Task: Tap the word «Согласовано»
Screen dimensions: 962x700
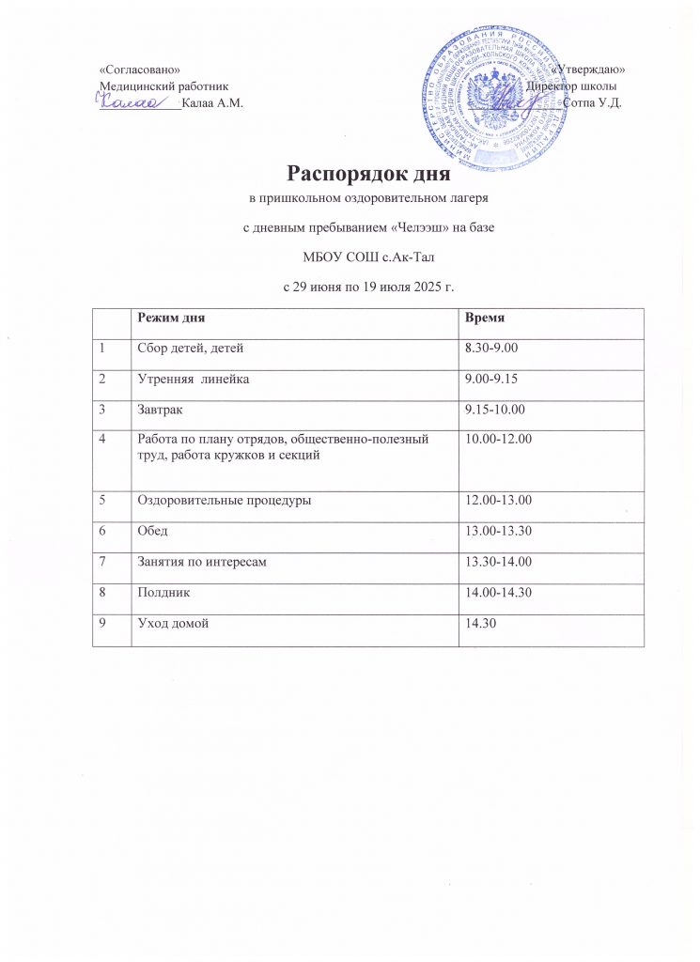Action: tap(140, 71)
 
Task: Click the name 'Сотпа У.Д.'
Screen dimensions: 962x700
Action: tap(592, 102)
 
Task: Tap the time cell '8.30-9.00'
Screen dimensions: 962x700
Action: tap(493, 349)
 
